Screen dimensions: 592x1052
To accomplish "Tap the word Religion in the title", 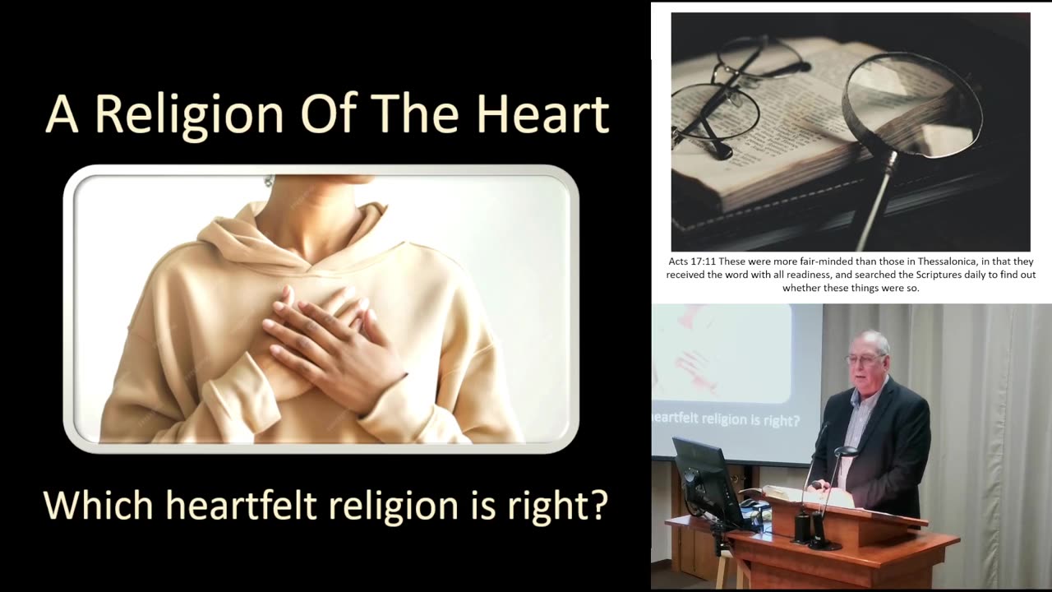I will [x=188, y=114].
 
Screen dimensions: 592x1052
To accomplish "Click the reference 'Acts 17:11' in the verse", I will [x=691, y=261].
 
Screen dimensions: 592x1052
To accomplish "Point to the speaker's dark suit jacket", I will [x=888, y=444].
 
